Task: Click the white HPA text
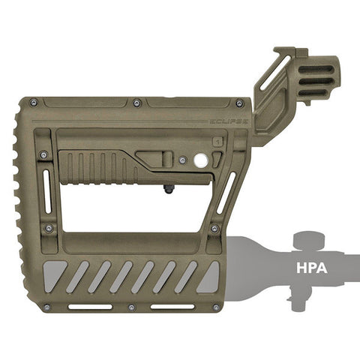tap(312, 268)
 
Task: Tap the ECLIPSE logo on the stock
tap(229, 121)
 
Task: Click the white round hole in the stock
tap(201, 160)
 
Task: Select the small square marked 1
tap(218, 142)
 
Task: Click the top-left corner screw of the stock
tap(34, 102)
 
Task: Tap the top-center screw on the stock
tap(136, 103)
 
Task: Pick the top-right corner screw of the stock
tap(239, 103)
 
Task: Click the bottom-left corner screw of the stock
tap(46, 307)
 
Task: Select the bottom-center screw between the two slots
tap(131, 307)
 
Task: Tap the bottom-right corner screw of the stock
tap(216, 307)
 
